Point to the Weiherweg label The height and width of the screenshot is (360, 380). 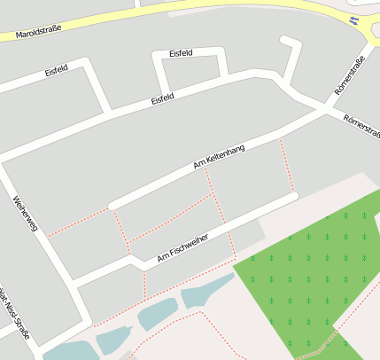[24, 214]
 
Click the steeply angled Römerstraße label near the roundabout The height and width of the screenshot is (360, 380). [349, 78]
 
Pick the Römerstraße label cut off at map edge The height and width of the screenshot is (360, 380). [363, 126]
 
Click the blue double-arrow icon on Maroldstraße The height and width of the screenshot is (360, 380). [354, 20]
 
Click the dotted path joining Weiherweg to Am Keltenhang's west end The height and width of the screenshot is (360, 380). [78, 222]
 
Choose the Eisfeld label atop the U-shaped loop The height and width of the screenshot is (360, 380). [187, 53]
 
